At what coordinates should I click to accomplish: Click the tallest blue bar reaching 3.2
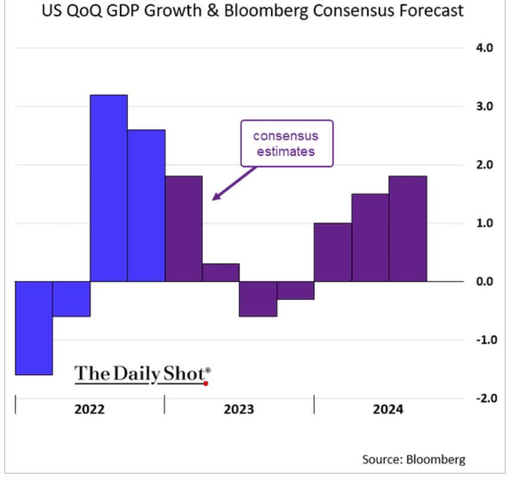(x=109, y=188)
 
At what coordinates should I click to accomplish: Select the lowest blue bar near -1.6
(x=34, y=328)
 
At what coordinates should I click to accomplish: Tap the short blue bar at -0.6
(x=71, y=299)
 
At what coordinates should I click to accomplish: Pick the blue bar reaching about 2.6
(x=147, y=205)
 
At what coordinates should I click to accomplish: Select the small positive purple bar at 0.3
(x=221, y=273)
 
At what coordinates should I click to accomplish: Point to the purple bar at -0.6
(x=259, y=299)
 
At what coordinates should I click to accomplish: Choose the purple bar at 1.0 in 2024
(x=332, y=252)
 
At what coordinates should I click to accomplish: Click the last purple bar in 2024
(x=408, y=228)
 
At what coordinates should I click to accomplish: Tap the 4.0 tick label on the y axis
(x=482, y=48)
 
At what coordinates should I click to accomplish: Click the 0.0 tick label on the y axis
(x=482, y=282)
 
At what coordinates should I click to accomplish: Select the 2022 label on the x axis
(x=90, y=409)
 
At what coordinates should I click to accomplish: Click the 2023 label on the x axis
(x=239, y=409)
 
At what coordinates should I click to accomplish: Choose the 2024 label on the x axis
(x=388, y=409)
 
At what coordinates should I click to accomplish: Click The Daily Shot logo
(x=142, y=374)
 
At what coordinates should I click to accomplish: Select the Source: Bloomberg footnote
(x=414, y=459)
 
